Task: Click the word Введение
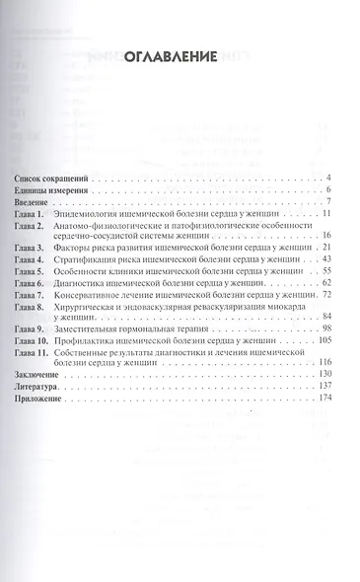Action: (36, 201)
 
